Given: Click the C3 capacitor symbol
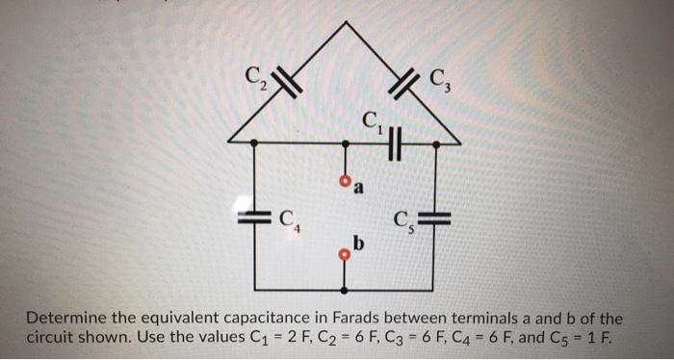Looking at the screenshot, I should [x=405, y=84].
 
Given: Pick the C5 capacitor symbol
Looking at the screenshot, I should [x=437, y=216].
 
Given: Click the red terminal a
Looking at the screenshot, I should [x=345, y=181].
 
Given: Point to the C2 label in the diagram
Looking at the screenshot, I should [x=255, y=74].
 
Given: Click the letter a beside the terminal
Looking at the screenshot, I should [x=359, y=188].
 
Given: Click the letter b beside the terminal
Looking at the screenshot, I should [x=359, y=243].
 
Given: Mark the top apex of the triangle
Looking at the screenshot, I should [x=345, y=21].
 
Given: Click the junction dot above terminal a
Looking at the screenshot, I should [x=345, y=144].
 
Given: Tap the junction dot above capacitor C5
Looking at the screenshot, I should [x=437, y=144].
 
